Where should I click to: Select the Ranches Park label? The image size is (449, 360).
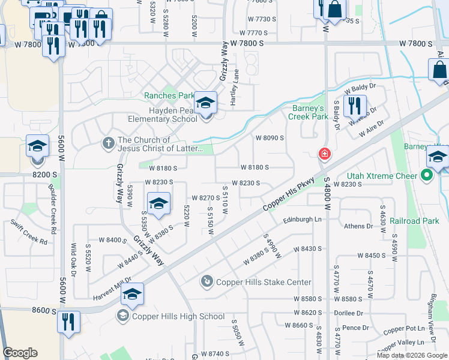pos(169,95)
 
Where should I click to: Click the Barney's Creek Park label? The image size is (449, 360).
pos(308,112)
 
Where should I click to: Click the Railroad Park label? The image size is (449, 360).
pos(414,221)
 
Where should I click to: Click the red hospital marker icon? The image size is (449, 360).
pos(325,154)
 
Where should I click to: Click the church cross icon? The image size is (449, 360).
pos(108,143)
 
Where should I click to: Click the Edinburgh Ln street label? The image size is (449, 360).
pos(303,220)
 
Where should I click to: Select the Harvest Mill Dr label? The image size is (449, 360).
pos(112,289)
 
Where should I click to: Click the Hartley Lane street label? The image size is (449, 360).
pos(235,88)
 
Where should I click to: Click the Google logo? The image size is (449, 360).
pos(20,353)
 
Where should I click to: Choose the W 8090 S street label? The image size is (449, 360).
pos(270,138)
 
